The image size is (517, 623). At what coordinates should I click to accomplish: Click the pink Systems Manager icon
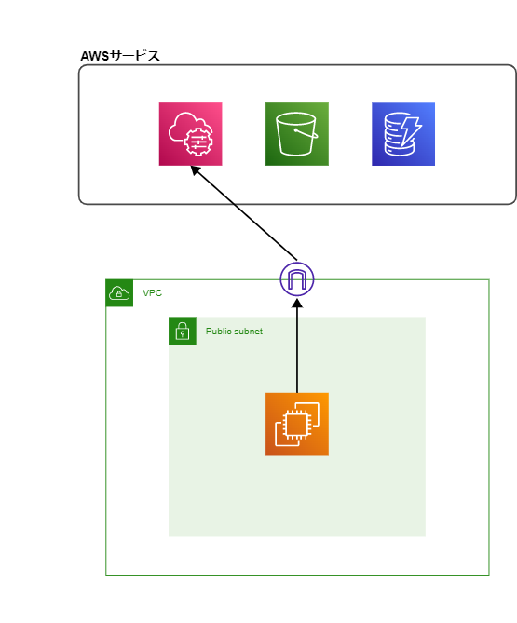(x=190, y=134)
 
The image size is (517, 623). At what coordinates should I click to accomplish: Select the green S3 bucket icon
(x=297, y=134)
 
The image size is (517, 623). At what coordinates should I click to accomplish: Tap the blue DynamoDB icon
(x=403, y=134)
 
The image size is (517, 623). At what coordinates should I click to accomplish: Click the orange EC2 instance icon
(x=297, y=425)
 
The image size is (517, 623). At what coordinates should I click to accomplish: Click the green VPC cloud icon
(x=119, y=293)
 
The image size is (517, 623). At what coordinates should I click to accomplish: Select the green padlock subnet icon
(x=183, y=331)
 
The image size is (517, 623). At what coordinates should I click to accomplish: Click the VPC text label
(x=152, y=293)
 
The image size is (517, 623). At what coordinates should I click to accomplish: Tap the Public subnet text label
(x=234, y=332)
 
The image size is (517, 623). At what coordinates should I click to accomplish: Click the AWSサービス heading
(x=120, y=56)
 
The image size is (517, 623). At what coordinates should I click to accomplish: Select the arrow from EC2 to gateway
(x=297, y=345)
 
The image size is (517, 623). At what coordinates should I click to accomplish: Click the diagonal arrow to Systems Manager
(x=244, y=213)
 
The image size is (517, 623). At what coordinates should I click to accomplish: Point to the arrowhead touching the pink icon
(x=196, y=170)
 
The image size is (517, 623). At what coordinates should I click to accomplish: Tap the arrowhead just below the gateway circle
(x=297, y=304)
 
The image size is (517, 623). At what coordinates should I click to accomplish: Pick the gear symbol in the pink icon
(x=198, y=141)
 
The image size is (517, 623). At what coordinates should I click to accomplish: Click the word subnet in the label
(x=248, y=332)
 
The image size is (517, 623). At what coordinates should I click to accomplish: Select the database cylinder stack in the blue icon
(x=398, y=136)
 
